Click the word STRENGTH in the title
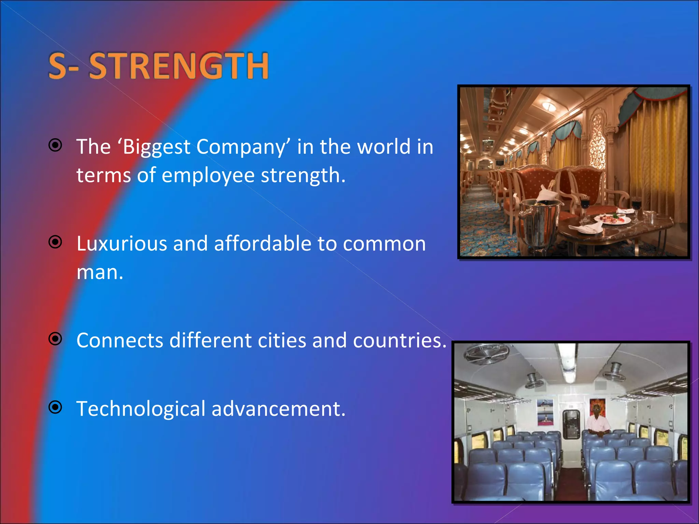179,66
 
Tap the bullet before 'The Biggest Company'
55,145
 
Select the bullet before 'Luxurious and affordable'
55,242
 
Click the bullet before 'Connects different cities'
55,339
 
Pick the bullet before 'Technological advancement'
55,407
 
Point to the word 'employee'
208,175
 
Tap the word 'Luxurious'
122,244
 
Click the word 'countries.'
400,340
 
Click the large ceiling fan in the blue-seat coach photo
487,355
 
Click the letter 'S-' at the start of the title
63,66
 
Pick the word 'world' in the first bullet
384,147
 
